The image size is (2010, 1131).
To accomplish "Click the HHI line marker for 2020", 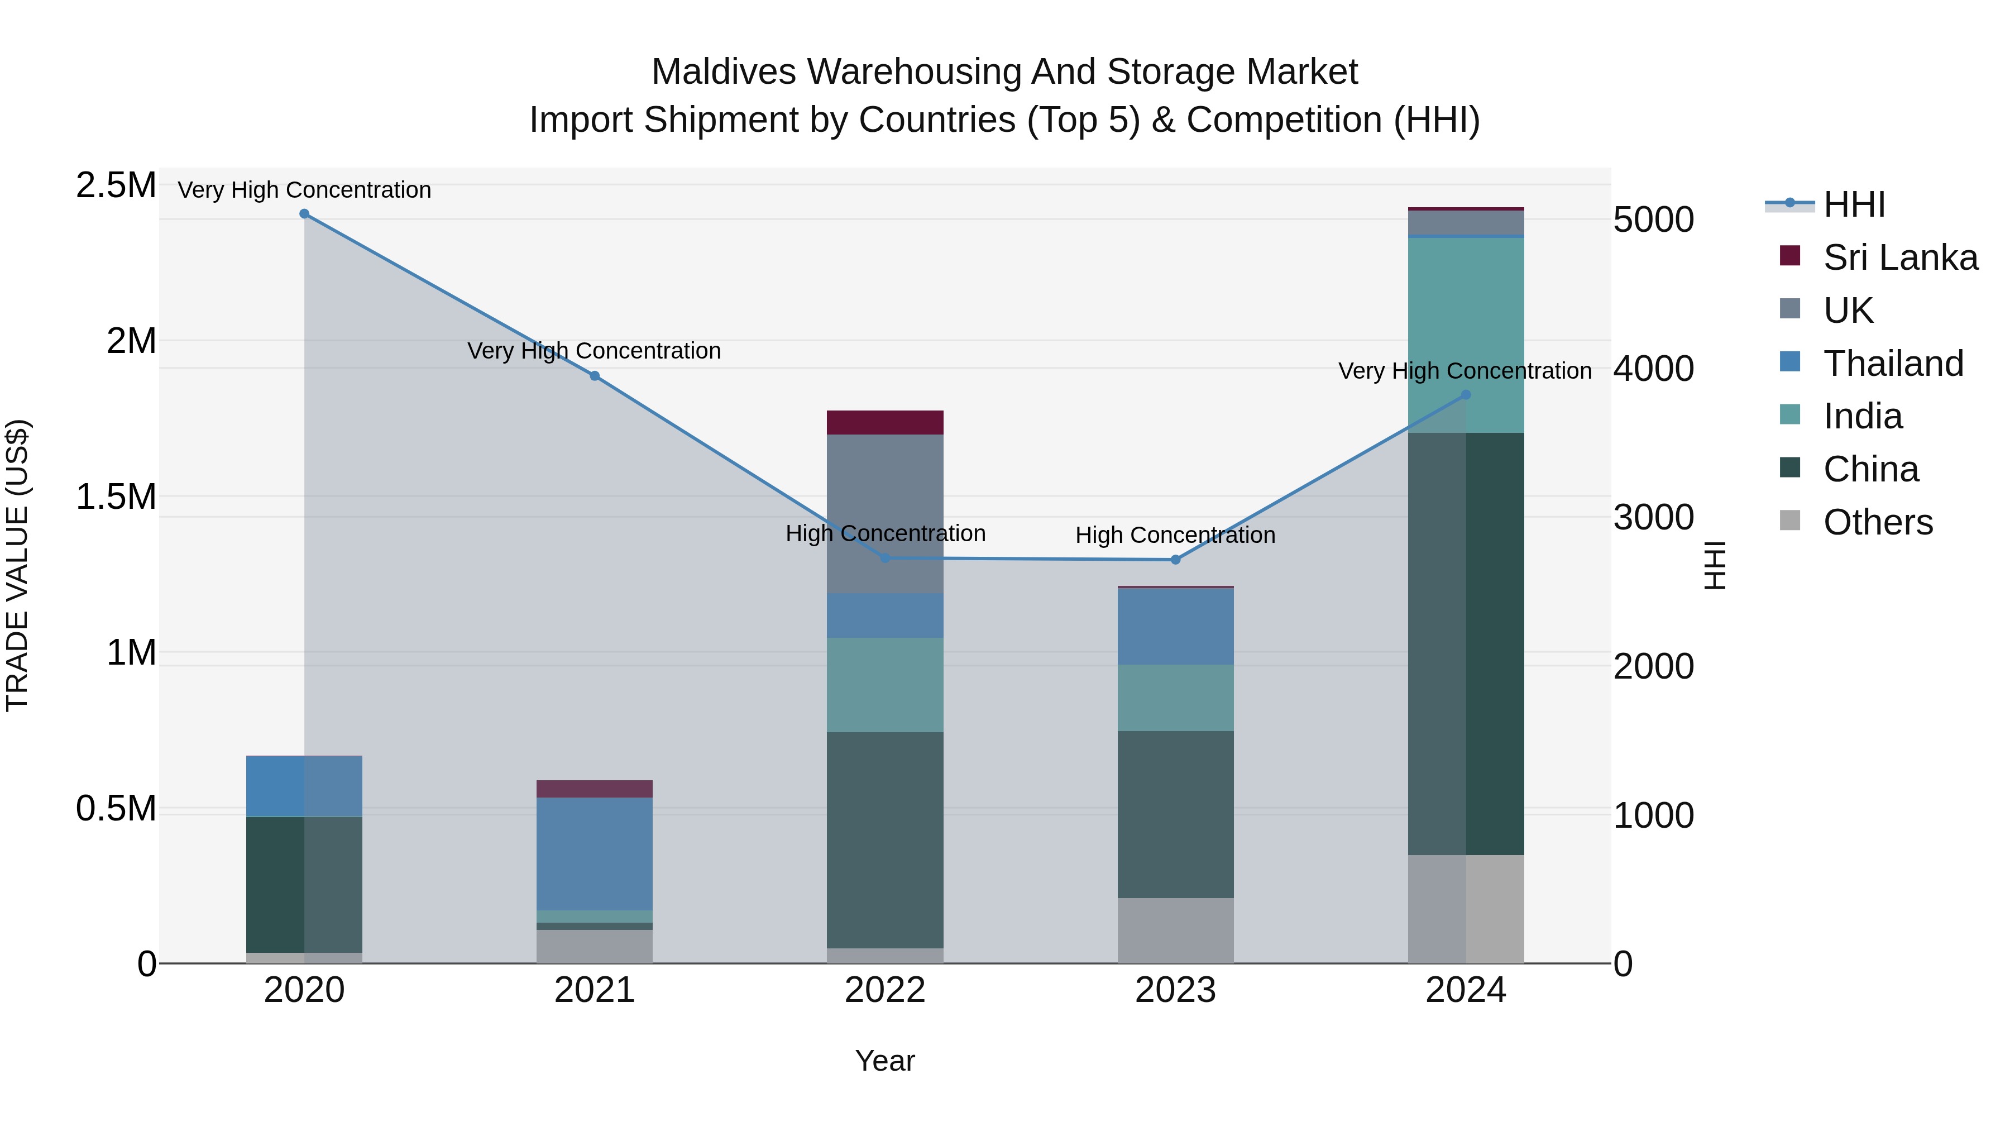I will coord(304,214).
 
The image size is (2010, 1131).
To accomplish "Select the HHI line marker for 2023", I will coord(1175,560).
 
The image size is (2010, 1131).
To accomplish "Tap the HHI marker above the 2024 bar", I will coord(1466,395).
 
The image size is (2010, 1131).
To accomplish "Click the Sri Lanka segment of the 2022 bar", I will coord(885,422).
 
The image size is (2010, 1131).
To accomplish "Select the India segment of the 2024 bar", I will coord(1466,336).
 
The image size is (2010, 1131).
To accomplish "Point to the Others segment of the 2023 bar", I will coord(1175,930).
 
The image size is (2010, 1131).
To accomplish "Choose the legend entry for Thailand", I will coord(1893,364).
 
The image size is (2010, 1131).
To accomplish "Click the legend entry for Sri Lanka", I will coord(1900,257).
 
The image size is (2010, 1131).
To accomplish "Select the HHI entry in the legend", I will coord(1854,204).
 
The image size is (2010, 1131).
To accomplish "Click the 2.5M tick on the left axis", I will coord(116,186).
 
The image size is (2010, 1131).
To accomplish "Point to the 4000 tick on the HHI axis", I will coord(1653,369).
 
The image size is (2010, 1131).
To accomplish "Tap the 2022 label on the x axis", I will coord(885,990).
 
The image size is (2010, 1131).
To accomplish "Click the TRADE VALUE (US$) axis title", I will coord(17,565).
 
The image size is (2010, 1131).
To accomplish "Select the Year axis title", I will coord(885,1061).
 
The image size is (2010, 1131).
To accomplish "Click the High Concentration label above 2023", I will coord(1175,536).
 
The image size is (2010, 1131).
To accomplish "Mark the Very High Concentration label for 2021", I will coord(594,351).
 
